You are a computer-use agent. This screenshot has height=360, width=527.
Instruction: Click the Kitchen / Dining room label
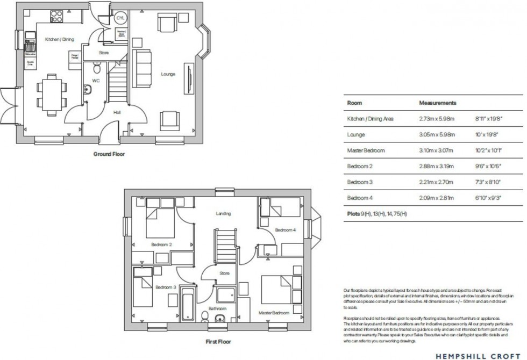(59, 39)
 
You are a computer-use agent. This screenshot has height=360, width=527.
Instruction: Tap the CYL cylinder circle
(120, 18)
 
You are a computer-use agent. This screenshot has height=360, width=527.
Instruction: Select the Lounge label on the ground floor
(168, 74)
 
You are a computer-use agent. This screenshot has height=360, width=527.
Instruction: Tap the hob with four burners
(57, 17)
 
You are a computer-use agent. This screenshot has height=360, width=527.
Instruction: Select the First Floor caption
(218, 341)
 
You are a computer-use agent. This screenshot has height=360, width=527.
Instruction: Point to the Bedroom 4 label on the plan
(285, 230)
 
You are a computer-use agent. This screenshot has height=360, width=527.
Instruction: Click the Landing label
(223, 214)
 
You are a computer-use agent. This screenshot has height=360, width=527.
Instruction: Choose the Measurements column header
(437, 103)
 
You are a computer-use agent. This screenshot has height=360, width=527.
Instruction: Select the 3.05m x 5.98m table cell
(437, 134)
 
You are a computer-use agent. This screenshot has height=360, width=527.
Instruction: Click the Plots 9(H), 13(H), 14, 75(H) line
(377, 214)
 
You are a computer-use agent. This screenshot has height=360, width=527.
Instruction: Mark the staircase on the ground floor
(118, 83)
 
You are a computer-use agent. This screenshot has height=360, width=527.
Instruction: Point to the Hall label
(117, 112)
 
